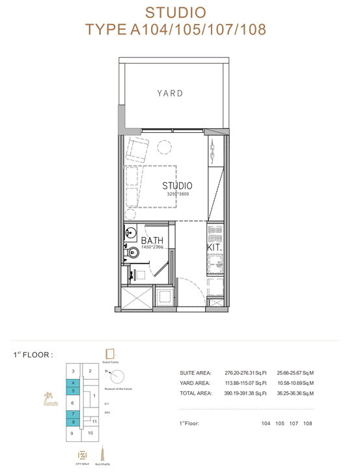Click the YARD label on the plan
[x=170, y=93]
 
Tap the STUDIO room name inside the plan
[x=177, y=186]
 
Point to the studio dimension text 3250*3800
[x=178, y=194]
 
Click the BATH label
[x=152, y=240]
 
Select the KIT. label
[x=214, y=247]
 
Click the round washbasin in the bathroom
[x=131, y=232]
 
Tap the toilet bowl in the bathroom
[x=133, y=253]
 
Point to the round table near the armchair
[x=164, y=148]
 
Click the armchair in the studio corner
[x=137, y=148]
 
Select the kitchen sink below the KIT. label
[x=215, y=264]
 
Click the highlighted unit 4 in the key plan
[x=73, y=383]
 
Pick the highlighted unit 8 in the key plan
[x=73, y=422]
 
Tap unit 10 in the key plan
[x=90, y=433]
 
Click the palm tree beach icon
[x=50, y=399]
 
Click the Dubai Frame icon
[x=110, y=354]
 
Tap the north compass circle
[x=117, y=376]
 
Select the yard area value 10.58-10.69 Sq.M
[x=296, y=383]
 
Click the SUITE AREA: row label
[x=196, y=373]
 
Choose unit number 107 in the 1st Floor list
[x=294, y=424]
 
